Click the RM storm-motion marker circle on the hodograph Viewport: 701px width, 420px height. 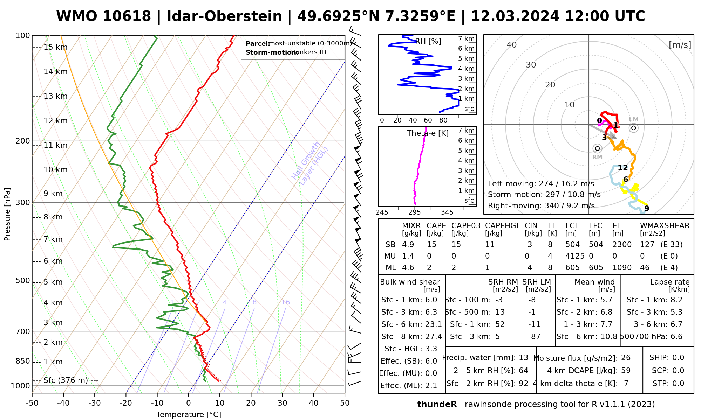tap(598, 148)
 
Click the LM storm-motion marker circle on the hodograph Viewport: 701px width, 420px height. tap(633, 128)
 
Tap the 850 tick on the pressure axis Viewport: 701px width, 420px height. tap(23, 361)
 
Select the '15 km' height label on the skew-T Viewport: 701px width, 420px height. tap(55, 47)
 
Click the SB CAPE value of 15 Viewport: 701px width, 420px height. tap(431, 245)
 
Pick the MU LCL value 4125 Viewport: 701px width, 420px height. tap(575, 256)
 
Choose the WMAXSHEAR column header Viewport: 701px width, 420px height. tap(665, 226)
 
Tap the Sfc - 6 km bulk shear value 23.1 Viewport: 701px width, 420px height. tap(434, 324)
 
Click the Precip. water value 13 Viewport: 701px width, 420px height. tap(523, 358)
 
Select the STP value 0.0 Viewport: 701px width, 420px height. tap(678, 384)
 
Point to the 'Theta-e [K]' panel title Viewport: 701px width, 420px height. tap(428, 133)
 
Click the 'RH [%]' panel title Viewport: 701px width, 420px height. tap(428, 41)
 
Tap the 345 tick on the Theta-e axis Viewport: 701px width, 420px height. tap(447, 212)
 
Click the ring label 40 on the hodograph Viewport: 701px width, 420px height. tap(512, 45)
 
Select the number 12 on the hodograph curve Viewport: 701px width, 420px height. tap(622, 168)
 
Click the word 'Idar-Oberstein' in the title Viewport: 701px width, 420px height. tap(224, 16)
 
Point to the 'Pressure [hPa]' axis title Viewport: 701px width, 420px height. tap(7, 214)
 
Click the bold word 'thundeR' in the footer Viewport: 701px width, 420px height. tap(437, 405)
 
